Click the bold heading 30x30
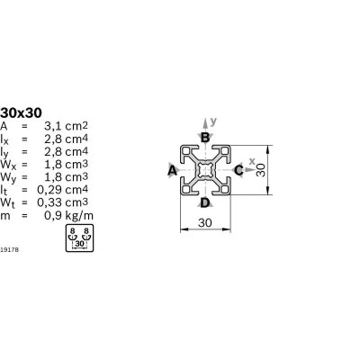[x=21, y=113]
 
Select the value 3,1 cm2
[x=66, y=126]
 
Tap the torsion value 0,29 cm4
[x=62, y=190]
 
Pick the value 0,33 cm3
[x=62, y=202]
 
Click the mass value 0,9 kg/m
[x=68, y=215]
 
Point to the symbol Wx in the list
[x=6, y=165]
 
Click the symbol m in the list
[x=5, y=216]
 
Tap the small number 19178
[x=9, y=249]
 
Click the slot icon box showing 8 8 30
[x=79, y=238]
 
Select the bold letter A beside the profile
[x=172, y=170]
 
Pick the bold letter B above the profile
[x=205, y=138]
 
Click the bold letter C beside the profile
[x=238, y=170]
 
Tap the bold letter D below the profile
[x=205, y=203]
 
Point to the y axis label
[x=213, y=121]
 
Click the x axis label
[x=252, y=161]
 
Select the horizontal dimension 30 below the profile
[x=205, y=223]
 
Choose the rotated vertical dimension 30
[x=261, y=170]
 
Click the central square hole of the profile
[x=205, y=170]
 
